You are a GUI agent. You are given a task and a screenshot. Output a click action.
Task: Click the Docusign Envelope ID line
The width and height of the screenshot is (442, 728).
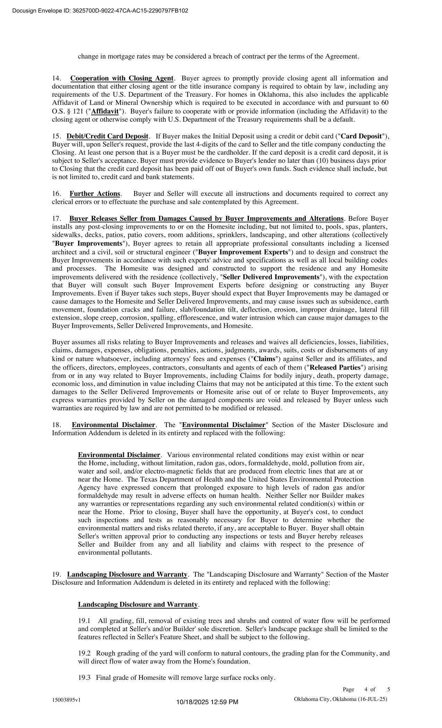(x=100, y=11)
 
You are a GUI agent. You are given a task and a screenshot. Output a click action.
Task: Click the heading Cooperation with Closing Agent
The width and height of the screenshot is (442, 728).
(x=122, y=78)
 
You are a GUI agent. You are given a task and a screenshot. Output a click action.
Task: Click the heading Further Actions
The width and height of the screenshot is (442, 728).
(x=95, y=194)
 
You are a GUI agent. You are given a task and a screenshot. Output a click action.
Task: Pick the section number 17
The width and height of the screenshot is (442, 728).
(x=57, y=219)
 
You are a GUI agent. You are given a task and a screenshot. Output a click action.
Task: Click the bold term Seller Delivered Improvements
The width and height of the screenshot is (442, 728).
(x=271, y=277)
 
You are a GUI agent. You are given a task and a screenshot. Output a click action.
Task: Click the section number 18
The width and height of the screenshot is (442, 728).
(x=57, y=425)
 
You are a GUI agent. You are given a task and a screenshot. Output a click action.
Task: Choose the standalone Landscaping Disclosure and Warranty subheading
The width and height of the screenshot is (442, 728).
(x=138, y=605)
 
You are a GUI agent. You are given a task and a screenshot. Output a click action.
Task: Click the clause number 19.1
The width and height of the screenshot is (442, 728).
(x=84, y=621)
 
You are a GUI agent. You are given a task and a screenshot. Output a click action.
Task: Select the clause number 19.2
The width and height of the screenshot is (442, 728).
(x=84, y=653)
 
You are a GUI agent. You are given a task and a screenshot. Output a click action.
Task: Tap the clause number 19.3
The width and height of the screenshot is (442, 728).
(x=84, y=678)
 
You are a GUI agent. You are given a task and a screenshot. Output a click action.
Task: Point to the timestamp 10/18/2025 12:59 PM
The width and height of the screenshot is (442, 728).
(x=207, y=702)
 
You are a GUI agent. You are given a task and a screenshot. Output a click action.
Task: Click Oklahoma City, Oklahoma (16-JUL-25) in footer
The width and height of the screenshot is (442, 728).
(x=340, y=699)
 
